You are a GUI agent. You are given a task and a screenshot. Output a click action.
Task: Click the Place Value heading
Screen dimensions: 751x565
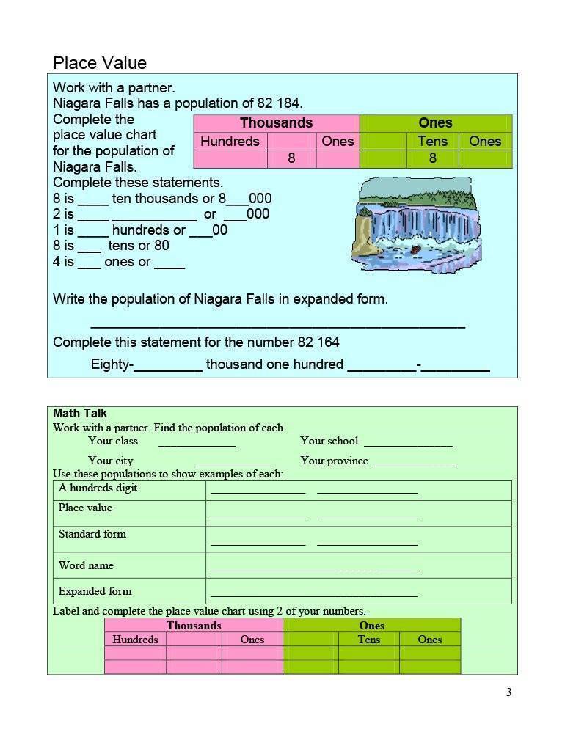100,63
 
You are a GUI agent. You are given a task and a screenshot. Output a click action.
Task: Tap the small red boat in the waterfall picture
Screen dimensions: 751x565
416,249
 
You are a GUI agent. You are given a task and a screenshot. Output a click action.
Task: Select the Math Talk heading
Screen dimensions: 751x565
80,414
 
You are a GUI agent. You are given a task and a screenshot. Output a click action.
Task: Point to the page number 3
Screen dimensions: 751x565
508,692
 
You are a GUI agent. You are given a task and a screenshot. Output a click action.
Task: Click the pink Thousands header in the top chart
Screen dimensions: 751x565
276,123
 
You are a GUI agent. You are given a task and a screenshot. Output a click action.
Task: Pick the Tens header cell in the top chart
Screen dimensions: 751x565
432,142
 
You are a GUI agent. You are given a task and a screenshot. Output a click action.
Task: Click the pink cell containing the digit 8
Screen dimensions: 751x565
291,158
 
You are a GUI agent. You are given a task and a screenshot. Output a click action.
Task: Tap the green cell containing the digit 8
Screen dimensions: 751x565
432,158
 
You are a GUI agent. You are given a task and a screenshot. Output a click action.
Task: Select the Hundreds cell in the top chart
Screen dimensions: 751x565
230,142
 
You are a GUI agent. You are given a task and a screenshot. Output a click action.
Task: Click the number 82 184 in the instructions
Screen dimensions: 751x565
277,103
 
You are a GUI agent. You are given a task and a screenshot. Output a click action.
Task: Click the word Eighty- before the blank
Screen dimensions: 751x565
112,364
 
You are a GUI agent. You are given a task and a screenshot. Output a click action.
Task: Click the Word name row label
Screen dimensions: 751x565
86,565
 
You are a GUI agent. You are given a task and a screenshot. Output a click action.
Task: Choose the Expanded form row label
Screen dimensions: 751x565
95,591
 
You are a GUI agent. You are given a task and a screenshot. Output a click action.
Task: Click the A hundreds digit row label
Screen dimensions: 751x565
98,488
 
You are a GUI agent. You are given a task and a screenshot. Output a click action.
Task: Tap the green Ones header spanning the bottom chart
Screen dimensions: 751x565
371,626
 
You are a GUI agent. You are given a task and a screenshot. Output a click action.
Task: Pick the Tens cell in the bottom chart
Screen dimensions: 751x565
368,640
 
